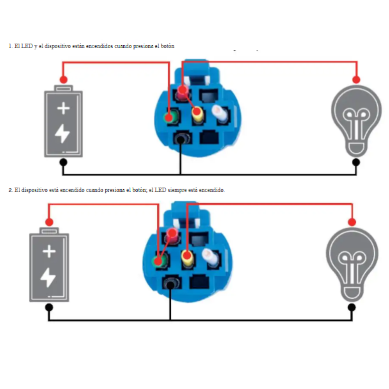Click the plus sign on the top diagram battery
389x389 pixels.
click(x=63, y=108)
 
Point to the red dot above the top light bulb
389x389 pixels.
click(x=356, y=80)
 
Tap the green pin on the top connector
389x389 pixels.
click(x=170, y=117)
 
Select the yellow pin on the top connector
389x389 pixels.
click(x=197, y=114)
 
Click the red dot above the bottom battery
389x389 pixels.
click(x=49, y=222)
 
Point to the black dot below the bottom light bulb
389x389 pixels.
click(x=352, y=307)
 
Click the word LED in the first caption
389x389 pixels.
click(x=27, y=46)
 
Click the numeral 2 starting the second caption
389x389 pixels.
click(x=10, y=190)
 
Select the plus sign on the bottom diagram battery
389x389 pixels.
click(x=49, y=252)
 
